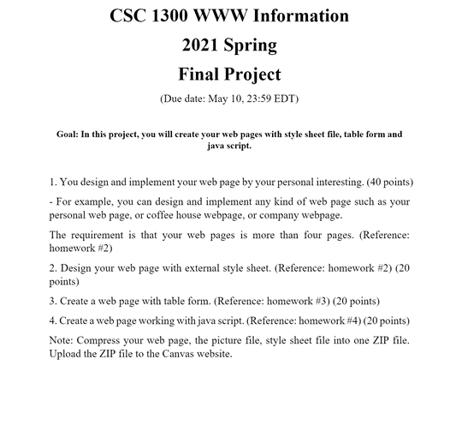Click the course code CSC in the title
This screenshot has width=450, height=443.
(130, 16)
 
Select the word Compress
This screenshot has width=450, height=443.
(108, 340)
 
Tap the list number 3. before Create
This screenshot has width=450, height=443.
(53, 302)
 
